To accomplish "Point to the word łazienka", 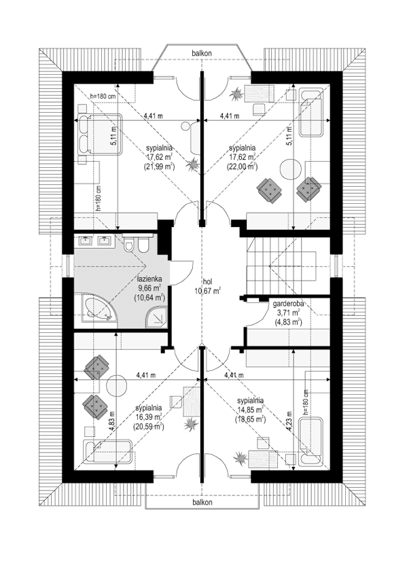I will coord(148,280).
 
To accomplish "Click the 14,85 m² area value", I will coord(251,410).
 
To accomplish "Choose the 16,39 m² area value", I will coord(149,416).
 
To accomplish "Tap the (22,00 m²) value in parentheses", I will coord(242,166).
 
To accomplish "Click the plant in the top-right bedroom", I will coord(236,93).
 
